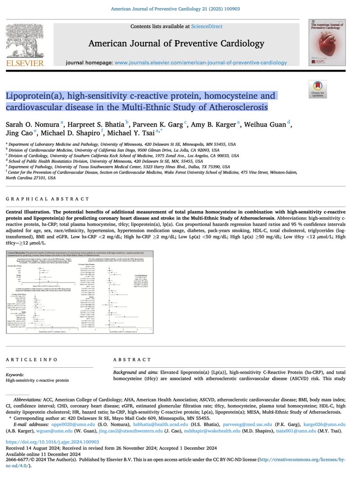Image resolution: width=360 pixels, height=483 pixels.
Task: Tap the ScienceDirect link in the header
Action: point(207,27)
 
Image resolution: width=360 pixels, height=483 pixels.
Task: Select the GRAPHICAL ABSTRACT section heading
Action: point(47,199)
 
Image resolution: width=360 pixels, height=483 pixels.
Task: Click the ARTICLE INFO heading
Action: point(31,360)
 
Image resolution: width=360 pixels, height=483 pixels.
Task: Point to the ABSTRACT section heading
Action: point(132,360)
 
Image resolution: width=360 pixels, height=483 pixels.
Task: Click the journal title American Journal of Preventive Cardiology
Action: point(176,44)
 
